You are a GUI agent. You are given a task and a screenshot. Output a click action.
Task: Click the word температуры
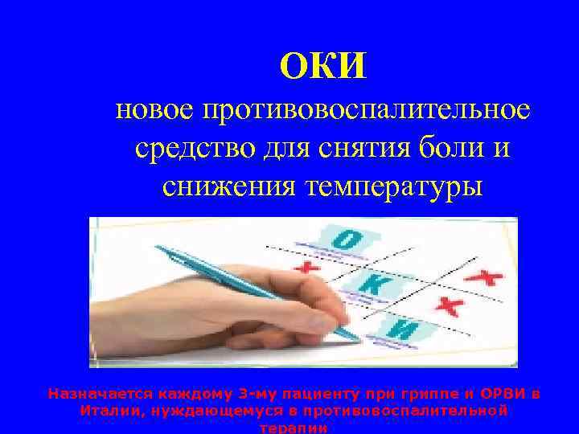393,186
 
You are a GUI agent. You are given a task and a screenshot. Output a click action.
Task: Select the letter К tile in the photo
371,283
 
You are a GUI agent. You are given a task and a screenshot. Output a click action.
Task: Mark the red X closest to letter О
306,267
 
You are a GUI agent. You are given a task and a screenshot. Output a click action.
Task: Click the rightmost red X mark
487,277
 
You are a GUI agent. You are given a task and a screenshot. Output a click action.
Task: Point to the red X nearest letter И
450,305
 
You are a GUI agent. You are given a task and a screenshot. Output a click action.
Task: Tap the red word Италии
109,411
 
